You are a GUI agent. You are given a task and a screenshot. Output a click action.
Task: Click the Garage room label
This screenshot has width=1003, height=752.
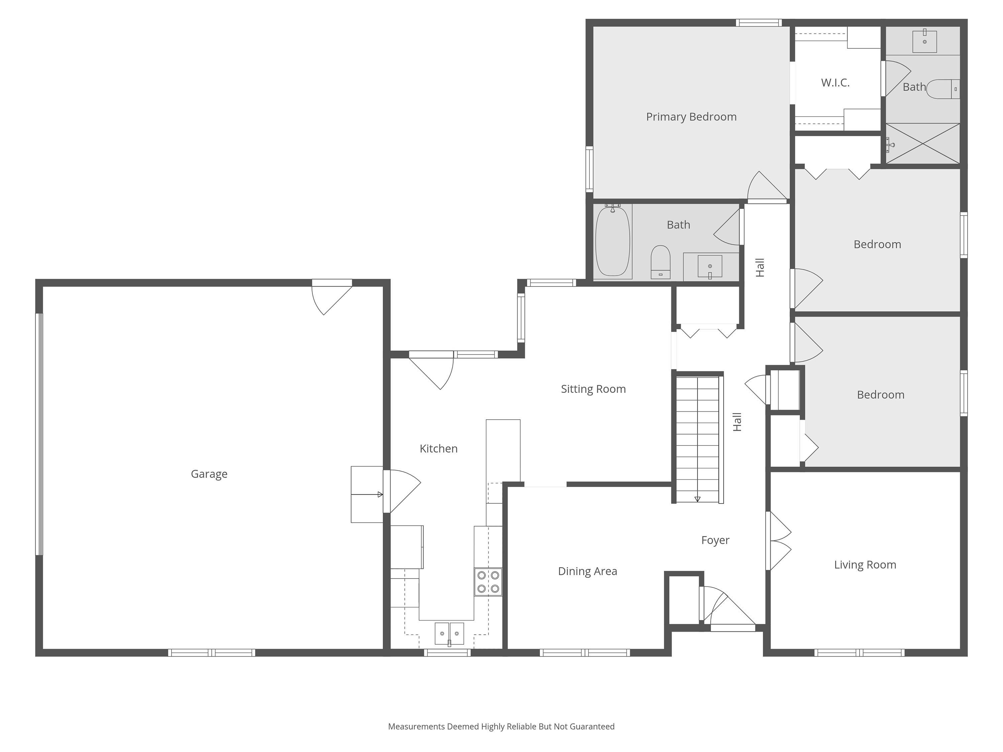click(x=209, y=474)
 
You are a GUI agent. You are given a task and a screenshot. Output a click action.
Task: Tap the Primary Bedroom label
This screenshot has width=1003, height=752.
click(x=691, y=117)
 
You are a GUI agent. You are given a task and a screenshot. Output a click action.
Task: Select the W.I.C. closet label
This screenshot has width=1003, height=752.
click(x=835, y=83)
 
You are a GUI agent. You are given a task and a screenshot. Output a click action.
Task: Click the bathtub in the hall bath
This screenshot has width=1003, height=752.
click(x=612, y=241)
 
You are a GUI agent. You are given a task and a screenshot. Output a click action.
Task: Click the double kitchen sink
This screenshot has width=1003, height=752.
click(x=449, y=634)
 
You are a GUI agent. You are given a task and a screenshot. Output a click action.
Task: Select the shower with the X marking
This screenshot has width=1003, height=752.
click(x=923, y=143)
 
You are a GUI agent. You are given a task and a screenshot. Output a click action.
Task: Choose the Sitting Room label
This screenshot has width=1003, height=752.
click(x=593, y=389)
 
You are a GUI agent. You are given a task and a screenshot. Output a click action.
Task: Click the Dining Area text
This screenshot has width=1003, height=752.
click(x=587, y=571)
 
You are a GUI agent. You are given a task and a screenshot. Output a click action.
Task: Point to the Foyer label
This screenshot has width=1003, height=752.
click(x=715, y=540)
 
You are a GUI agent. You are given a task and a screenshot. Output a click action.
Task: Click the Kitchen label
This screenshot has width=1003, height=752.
click(x=438, y=449)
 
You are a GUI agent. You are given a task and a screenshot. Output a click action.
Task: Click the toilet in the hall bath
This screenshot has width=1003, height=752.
click(x=660, y=262)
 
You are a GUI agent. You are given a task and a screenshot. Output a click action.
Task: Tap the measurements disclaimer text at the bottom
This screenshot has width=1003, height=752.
click(x=501, y=727)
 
